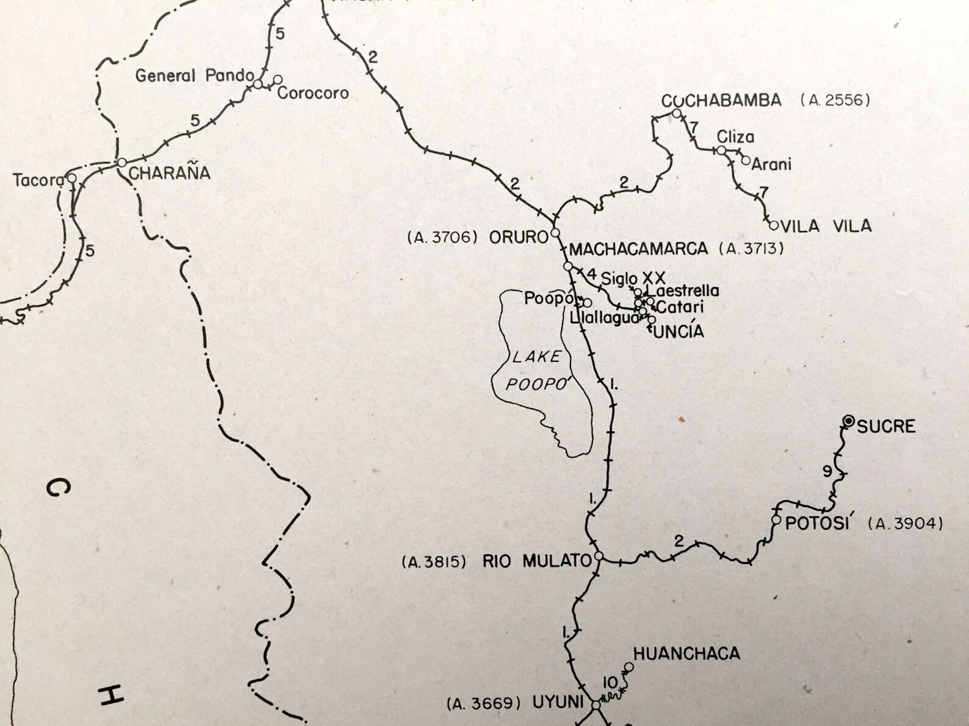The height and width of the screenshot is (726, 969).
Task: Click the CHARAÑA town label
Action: click(169, 173)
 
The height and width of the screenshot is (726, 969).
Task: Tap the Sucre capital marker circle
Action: click(848, 421)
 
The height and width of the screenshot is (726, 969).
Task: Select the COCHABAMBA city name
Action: click(721, 101)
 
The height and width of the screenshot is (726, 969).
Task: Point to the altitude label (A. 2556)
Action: click(835, 101)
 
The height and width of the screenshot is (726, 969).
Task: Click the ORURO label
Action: click(518, 237)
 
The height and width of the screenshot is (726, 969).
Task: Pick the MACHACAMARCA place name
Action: click(638, 249)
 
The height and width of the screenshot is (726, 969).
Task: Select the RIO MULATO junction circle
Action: click(599, 556)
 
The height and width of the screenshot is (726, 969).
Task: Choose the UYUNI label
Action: click(558, 702)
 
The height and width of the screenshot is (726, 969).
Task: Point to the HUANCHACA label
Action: click(686, 653)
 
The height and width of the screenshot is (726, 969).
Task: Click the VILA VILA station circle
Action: click(774, 225)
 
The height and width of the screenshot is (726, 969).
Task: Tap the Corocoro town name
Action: click(313, 93)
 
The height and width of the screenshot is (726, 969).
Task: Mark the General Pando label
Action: click(194, 76)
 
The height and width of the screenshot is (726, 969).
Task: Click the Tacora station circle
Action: click(72, 178)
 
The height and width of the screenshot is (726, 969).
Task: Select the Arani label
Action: click(771, 164)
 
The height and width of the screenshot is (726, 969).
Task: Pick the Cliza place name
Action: click(735, 137)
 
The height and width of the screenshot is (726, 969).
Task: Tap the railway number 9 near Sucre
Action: click(827, 471)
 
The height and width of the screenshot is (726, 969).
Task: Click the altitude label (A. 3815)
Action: click(434, 562)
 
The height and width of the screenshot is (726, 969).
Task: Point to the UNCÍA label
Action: click(679, 332)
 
